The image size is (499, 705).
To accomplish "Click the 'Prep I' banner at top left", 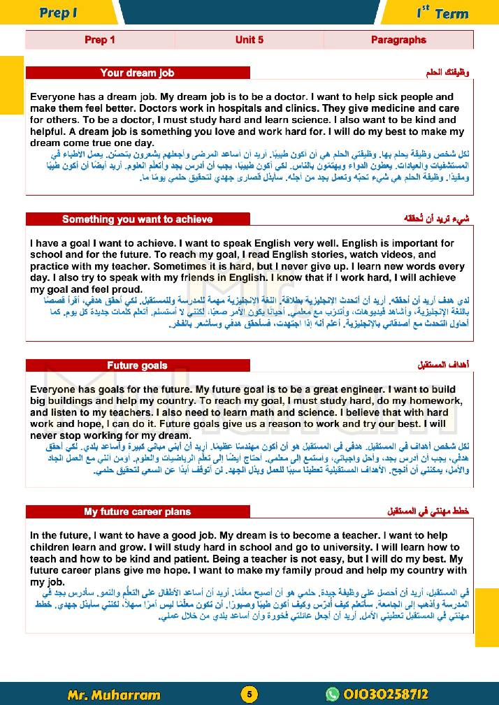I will (x=58, y=13).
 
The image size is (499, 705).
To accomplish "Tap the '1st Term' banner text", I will (x=442, y=13).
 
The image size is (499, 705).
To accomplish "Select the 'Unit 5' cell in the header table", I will (x=249, y=40).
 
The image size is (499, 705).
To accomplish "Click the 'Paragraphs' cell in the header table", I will (x=398, y=40).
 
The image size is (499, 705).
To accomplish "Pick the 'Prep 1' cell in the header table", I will (x=100, y=40).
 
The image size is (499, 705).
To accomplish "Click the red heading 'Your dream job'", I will (x=137, y=73).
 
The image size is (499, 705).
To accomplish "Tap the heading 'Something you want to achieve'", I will (x=137, y=219).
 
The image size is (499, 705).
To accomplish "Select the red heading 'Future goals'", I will (x=137, y=365).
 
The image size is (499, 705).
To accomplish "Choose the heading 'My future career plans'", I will (x=137, y=511).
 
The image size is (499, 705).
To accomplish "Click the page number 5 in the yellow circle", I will (x=249, y=694).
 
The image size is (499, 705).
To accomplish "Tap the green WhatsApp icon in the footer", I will (x=332, y=694).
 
